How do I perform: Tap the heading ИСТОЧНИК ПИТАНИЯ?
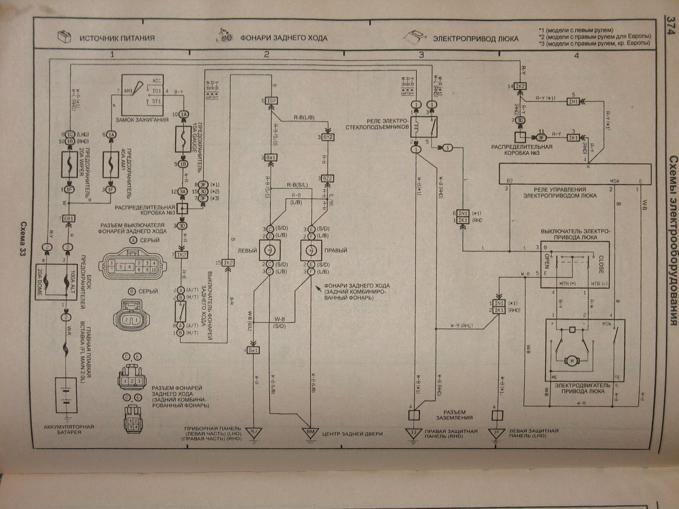(x=116, y=38)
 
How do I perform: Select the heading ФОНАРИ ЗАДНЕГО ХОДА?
(x=284, y=38)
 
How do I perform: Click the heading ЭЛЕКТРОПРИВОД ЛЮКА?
(x=476, y=39)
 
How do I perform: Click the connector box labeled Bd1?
(x=254, y=350)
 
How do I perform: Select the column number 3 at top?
(x=421, y=54)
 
